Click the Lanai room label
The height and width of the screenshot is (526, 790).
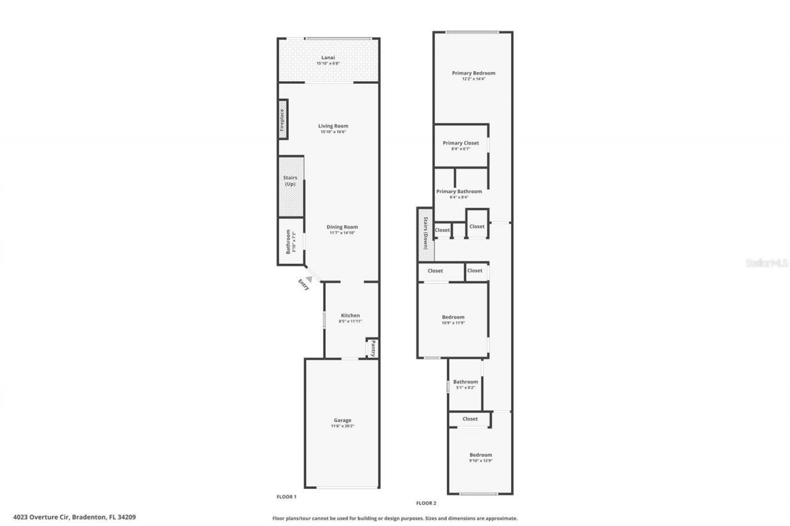click(328, 57)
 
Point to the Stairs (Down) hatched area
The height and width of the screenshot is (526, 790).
click(426, 232)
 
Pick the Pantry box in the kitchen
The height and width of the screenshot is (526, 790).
click(372, 348)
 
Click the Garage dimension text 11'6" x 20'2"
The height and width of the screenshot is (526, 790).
click(343, 426)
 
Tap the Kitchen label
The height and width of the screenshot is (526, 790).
click(350, 316)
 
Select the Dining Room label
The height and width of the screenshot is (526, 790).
click(342, 227)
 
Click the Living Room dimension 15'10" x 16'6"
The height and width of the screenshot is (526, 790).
click(333, 132)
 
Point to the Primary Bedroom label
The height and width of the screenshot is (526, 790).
click(473, 73)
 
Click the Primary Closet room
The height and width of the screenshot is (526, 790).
click(460, 146)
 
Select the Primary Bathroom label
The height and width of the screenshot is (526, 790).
click(459, 191)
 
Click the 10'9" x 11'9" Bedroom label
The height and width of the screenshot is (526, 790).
click(453, 317)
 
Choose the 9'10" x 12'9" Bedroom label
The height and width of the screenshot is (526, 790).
click(480, 455)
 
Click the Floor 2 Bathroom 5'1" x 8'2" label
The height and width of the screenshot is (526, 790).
click(465, 382)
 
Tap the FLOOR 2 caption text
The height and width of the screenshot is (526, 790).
click(426, 503)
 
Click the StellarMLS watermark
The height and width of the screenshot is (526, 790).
click(767, 263)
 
